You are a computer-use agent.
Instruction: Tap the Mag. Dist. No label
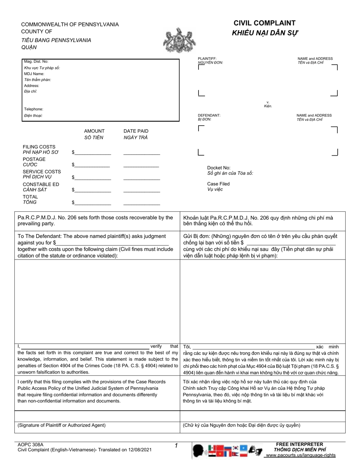point(36,61)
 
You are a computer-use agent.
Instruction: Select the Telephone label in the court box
point(34,109)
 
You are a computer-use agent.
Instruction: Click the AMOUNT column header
point(94,131)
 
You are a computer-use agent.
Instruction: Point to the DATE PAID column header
point(136,131)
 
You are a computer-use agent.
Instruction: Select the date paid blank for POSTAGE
point(141,166)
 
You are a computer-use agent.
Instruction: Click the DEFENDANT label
point(209,115)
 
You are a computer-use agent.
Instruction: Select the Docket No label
point(219,168)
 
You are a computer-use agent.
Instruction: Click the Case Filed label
point(218,184)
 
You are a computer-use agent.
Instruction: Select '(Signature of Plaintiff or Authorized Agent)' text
point(61,425)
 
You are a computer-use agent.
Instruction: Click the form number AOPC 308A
point(28,444)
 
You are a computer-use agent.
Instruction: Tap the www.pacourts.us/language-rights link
point(301,455)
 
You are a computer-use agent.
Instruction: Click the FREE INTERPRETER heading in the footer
point(299,444)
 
